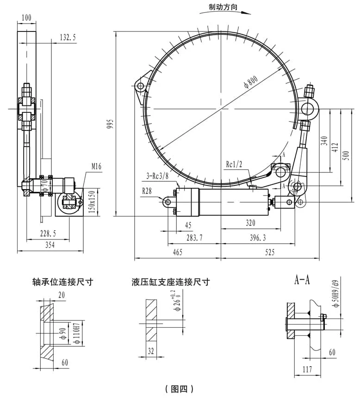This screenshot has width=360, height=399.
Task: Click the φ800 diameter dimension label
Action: [x=250, y=82]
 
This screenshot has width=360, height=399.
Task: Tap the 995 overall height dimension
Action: [x=110, y=123]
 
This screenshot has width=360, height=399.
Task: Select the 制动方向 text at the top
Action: [x=223, y=7]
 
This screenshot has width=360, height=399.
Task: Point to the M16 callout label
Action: [x=96, y=167]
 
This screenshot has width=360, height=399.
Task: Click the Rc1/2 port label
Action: [x=234, y=165]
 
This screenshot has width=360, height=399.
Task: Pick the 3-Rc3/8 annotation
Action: [x=157, y=176]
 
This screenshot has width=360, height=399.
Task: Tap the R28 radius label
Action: [x=147, y=191]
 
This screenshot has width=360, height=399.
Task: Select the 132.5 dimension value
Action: [x=68, y=37]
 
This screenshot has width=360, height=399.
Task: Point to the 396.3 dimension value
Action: [x=258, y=238]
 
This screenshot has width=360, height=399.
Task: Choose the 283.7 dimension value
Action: [x=194, y=238]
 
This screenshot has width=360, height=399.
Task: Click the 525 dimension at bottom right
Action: [x=270, y=252]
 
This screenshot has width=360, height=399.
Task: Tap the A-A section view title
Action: [x=302, y=280]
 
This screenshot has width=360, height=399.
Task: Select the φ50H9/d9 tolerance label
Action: [x=336, y=294]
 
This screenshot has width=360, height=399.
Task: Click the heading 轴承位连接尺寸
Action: [x=63, y=282]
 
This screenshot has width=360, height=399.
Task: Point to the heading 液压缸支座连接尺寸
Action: [x=171, y=282]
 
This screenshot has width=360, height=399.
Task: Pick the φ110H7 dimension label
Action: [x=77, y=334]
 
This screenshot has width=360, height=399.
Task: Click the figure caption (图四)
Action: [x=179, y=388]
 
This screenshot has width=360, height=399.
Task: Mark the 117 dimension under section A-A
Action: [x=307, y=369]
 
